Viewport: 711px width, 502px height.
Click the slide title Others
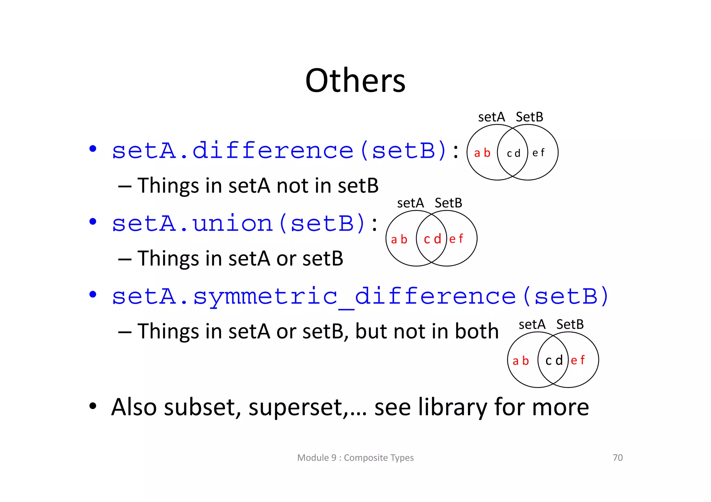pos(355,81)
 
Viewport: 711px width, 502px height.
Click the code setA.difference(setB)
pos(279,151)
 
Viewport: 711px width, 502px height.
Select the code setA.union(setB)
pos(238,224)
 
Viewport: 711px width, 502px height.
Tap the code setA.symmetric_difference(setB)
pos(360,296)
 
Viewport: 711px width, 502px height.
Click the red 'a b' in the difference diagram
pos(482,153)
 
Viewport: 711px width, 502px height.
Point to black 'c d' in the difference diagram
pos(513,153)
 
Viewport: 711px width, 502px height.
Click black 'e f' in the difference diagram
pos(538,153)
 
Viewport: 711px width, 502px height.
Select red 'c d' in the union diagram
pos(432,239)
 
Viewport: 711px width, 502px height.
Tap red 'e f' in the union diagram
pos(456,239)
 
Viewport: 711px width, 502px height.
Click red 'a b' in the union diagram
pos(399,239)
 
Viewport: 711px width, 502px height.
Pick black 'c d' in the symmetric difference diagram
pos(554,361)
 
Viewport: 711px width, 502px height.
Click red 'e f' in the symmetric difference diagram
pos(578,360)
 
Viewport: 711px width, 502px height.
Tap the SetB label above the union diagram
pos(448,203)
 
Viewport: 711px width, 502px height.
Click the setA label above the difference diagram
pos(491,117)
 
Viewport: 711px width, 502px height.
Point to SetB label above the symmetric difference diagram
pos(570,324)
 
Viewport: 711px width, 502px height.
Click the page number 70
pos(618,458)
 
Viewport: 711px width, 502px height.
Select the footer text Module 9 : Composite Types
pos(355,458)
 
